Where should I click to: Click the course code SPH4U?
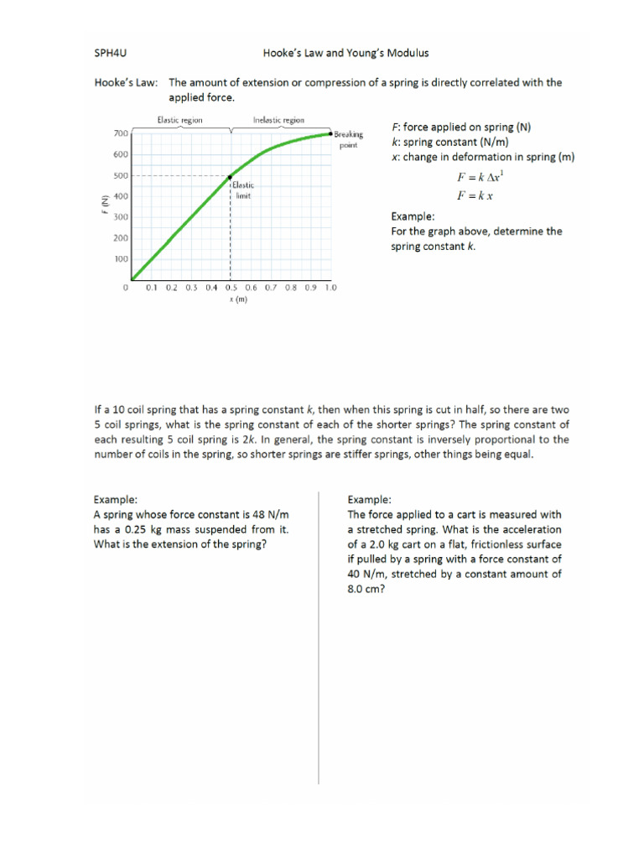pyautogui.click(x=112, y=53)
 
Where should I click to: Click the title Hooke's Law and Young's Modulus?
pyautogui.click(x=345, y=53)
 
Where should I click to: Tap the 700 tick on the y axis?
pyautogui.click(x=120, y=133)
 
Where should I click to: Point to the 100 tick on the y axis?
pyautogui.click(x=120, y=259)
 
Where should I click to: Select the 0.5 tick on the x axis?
pyautogui.click(x=231, y=288)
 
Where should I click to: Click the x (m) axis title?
pyautogui.click(x=240, y=299)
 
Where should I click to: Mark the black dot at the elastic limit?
pyautogui.click(x=231, y=176)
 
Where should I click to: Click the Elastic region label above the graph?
pyautogui.click(x=179, y=120)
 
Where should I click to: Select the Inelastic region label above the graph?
pyautogui.click(x=278, y=120)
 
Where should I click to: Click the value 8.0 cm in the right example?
pyautogui.click(x=366, y=589)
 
